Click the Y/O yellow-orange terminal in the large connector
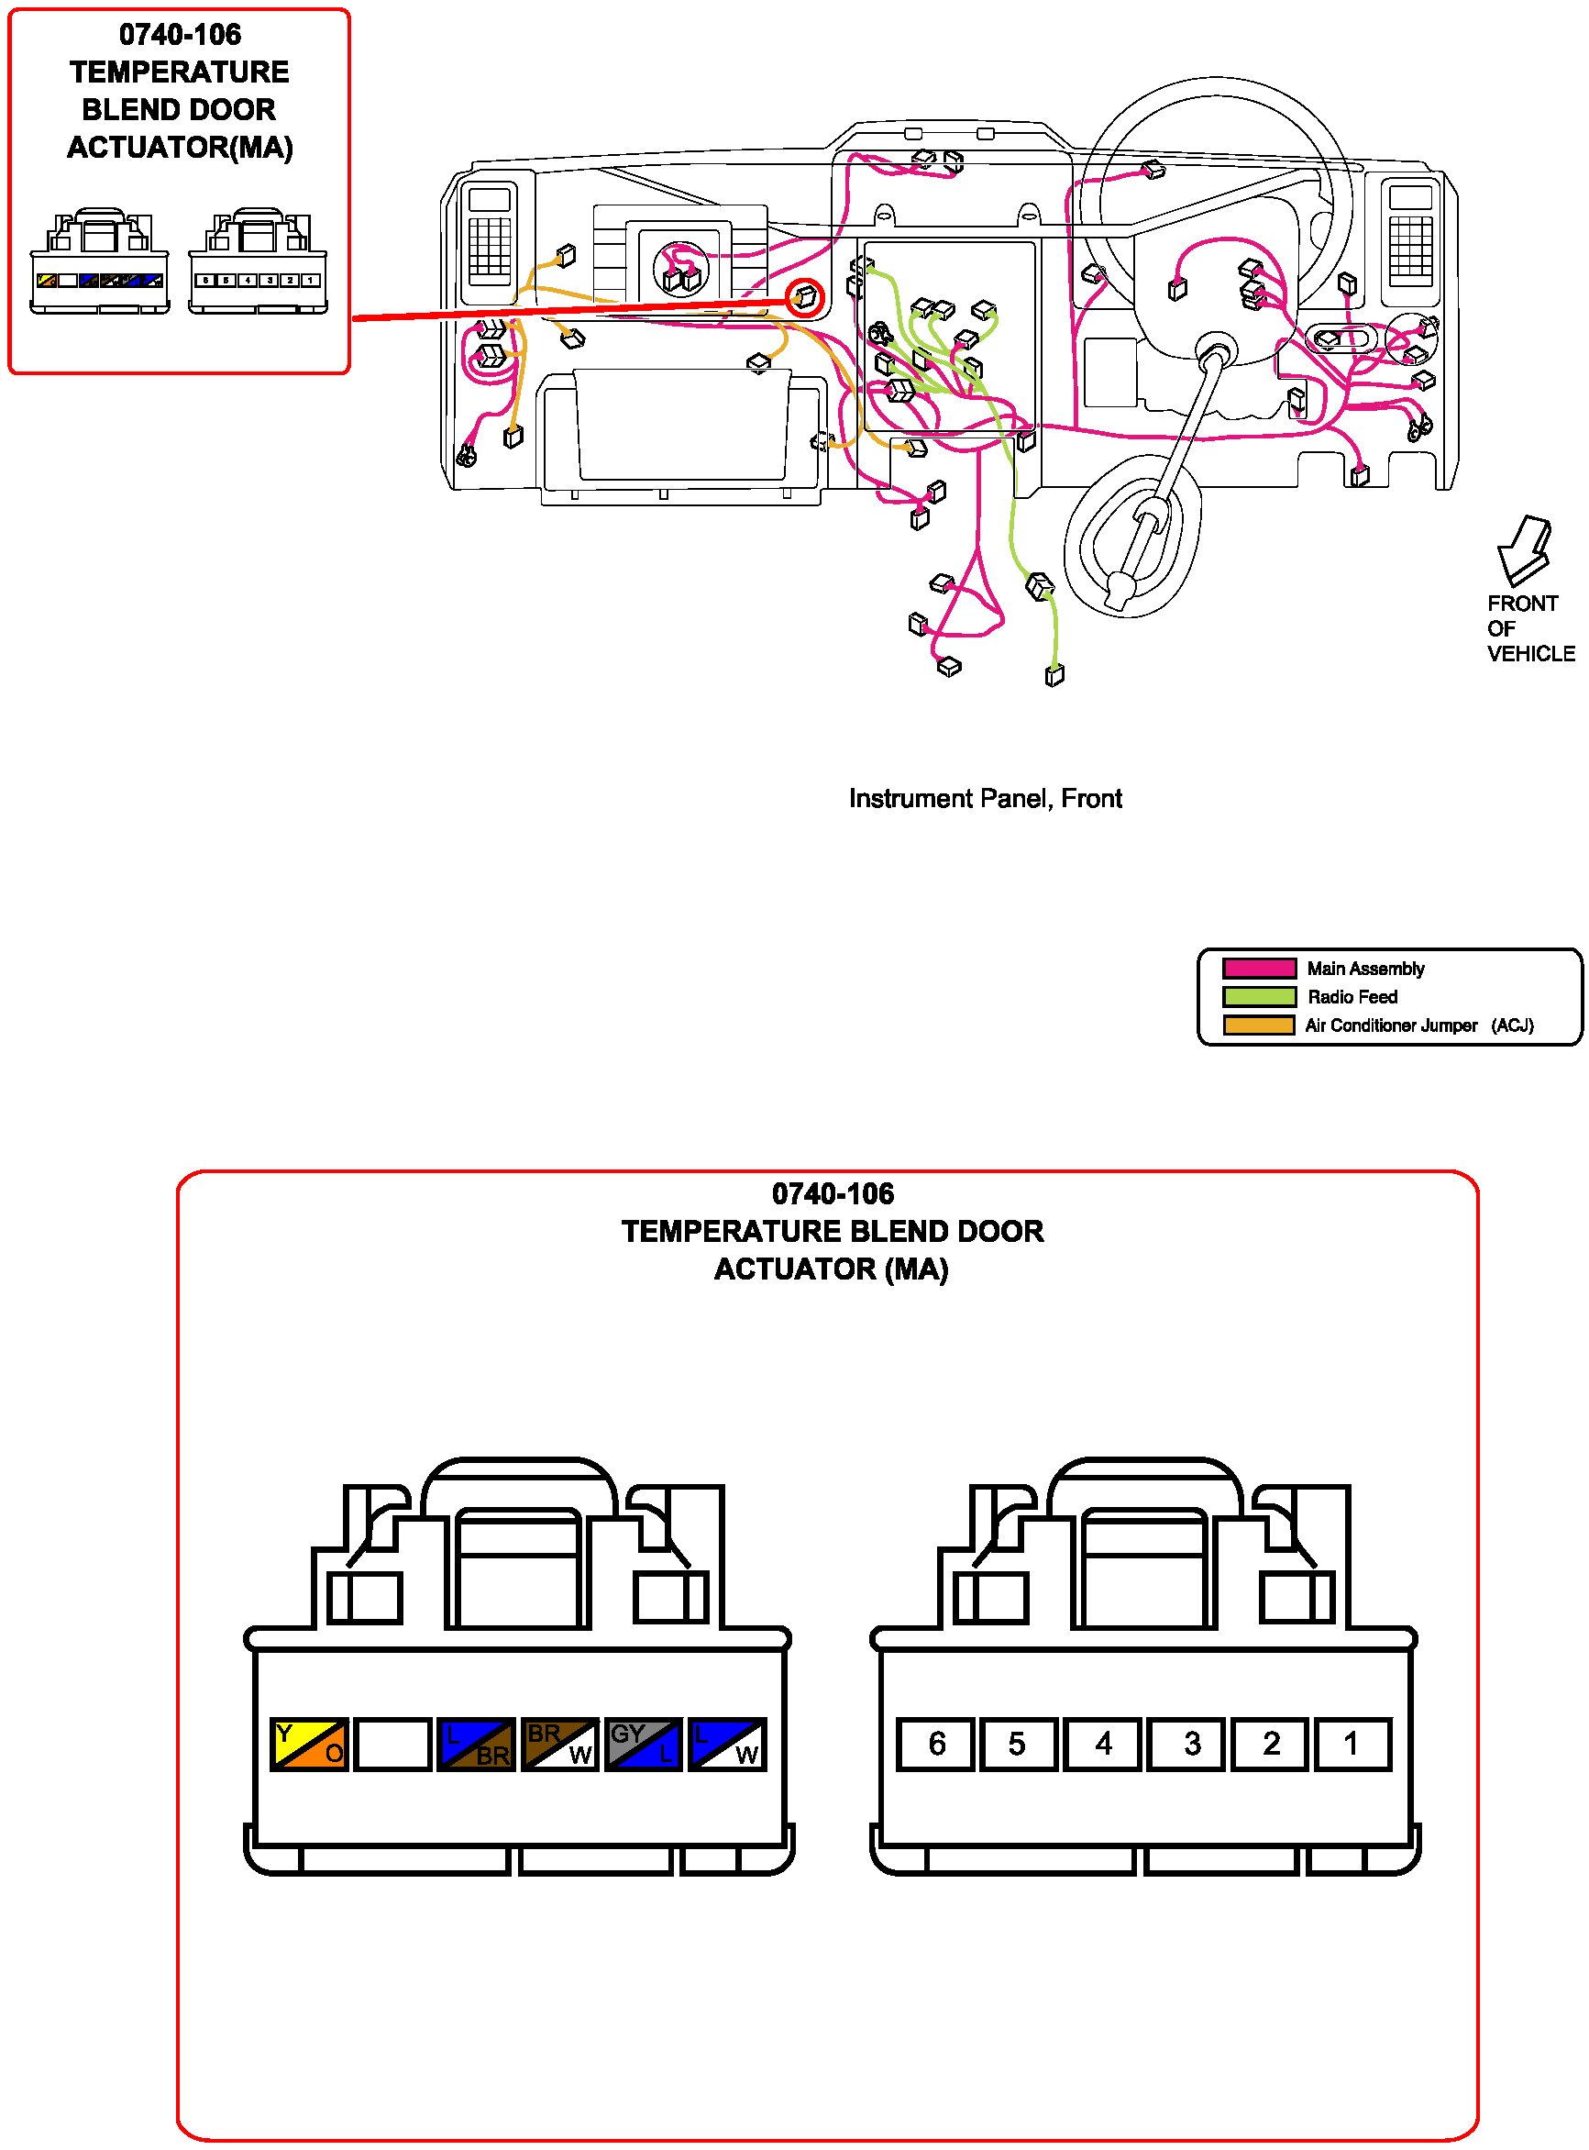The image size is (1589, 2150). click(x=309, y=1744)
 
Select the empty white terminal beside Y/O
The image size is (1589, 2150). click(x=392, y=1744)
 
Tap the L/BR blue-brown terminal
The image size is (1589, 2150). click(x=476, y=1744)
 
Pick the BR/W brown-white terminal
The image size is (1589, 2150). click(x=560, y=1744)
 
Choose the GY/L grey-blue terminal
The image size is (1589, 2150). click(x=644, y=1744)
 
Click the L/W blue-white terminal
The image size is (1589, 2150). click(x=727, y=1744)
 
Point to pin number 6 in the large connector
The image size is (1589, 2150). click(x=936, y=1744)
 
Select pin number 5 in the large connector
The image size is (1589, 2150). click(x=1019, y=1744)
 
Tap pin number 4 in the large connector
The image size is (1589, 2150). click(x=1103, y=1744)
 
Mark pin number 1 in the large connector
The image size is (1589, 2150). click(x=1352, y=1744)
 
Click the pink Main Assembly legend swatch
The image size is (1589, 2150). click(x=1258, y=968)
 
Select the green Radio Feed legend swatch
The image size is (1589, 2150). click(x=1258, y=997)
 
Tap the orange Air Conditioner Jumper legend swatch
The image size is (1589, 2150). click(x=1258, y=1025)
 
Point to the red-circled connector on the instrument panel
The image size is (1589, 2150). click(x=805, y=298)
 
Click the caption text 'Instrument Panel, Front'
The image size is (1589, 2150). click(x=985, y=798)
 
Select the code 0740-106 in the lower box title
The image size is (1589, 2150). click(x=833, y=1194)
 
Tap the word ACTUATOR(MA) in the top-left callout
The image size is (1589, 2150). click(x=180, y=147)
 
